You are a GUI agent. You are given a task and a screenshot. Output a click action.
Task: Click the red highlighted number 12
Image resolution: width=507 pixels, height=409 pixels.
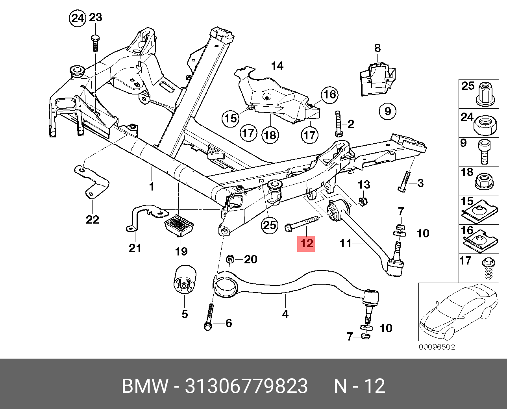click(x=306, y=243)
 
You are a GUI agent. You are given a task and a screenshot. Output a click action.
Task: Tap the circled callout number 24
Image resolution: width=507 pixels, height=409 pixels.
click(x=77, y=18)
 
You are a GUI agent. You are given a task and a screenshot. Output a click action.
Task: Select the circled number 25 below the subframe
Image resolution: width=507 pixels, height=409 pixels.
click(x=270, y=225)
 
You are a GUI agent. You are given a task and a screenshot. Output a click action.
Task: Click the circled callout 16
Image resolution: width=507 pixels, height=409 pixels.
click(x=329, y=94)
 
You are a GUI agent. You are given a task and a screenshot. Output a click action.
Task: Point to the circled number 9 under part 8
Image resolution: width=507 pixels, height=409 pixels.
click(x=387, y=111)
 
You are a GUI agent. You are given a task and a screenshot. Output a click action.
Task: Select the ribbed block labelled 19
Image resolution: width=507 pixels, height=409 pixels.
click(x=179, y=226)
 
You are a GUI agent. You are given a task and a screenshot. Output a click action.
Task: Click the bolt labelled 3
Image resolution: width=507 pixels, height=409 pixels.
click(x=404, y=182)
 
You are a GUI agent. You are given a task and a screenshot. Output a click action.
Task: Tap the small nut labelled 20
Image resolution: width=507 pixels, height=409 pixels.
click(x=231, y=259)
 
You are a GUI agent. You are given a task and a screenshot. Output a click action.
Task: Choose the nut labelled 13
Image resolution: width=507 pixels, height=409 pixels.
click(x=364, y=201)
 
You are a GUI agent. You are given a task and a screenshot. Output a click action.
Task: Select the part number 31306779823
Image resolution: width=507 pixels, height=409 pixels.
click(x=246, y=386)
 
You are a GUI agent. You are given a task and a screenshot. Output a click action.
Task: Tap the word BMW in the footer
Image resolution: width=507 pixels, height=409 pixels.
click(x=145, y=386)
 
